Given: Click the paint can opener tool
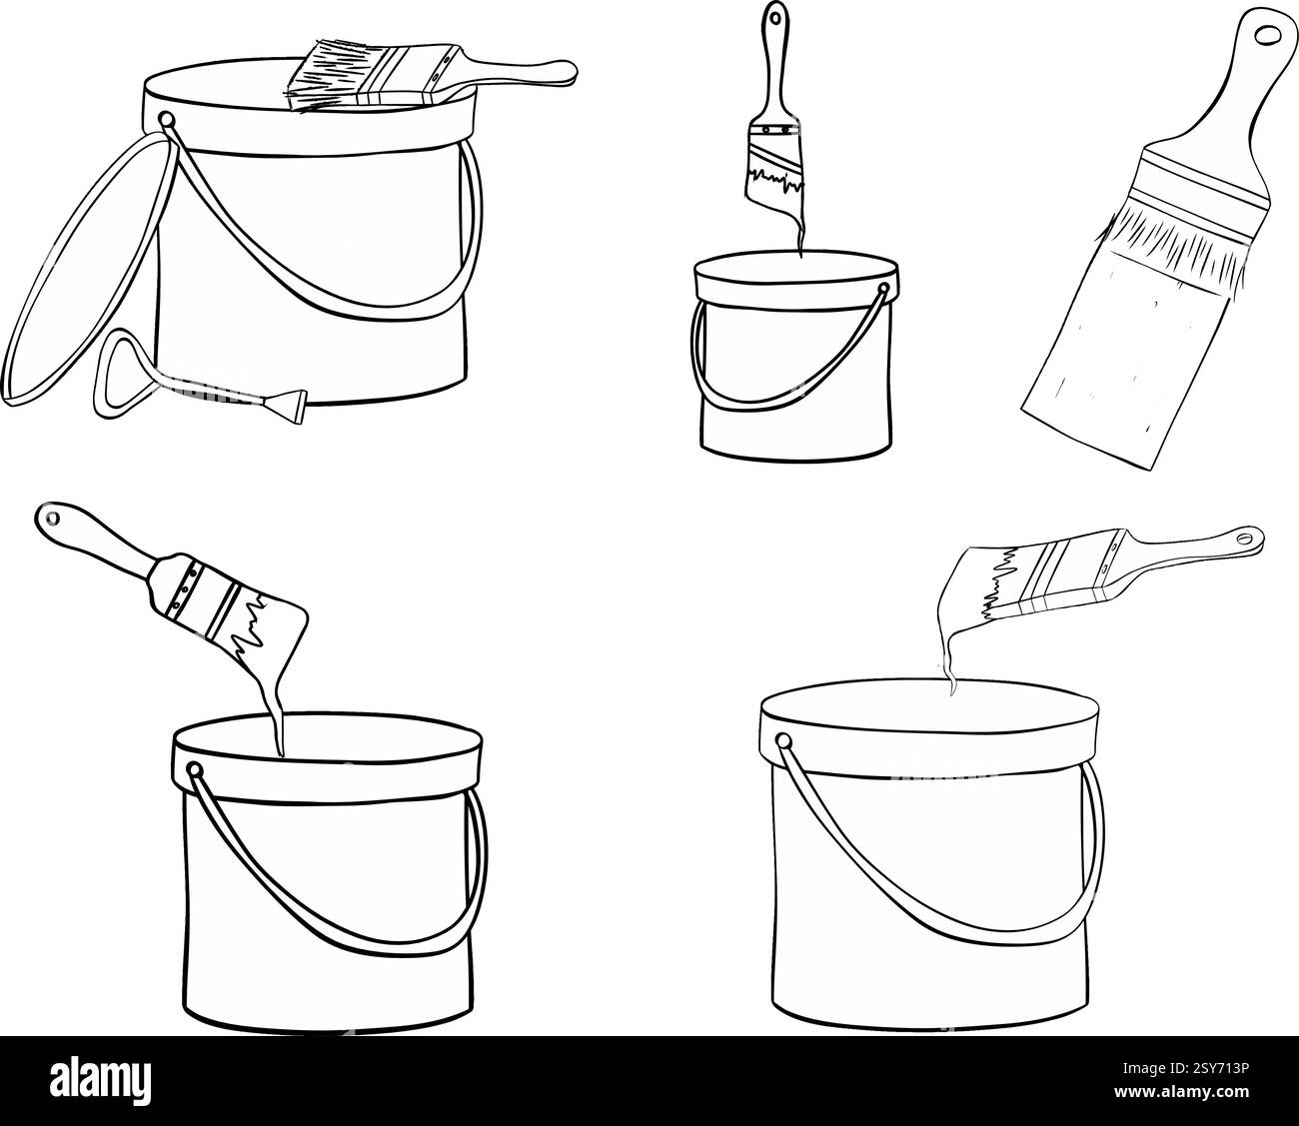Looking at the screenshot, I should (x=200, y=380).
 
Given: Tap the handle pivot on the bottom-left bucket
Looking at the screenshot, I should (x=195, y=770).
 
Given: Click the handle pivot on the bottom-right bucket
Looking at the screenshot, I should (x=784, y=741).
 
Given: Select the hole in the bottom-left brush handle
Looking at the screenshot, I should (x=51, y=517).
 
